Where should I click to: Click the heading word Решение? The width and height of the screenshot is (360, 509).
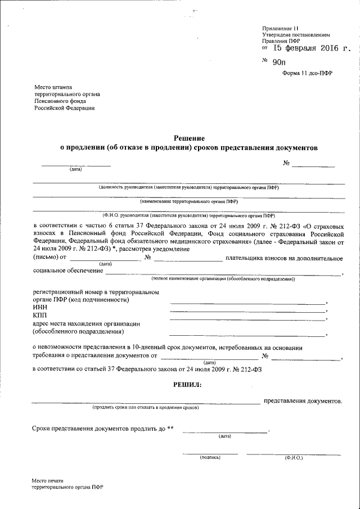tap(189, 138)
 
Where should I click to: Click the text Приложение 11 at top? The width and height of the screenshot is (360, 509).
tap(282, 28)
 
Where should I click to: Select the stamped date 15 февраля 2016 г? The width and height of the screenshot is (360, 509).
tap(308, 49)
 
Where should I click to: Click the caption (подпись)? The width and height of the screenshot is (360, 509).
tap(210, 458)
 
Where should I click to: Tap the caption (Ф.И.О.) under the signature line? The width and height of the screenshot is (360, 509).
tap(294, 458)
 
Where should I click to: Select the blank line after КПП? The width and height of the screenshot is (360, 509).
tap(247, 319)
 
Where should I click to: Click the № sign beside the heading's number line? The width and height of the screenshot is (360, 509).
tap(286, 164)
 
